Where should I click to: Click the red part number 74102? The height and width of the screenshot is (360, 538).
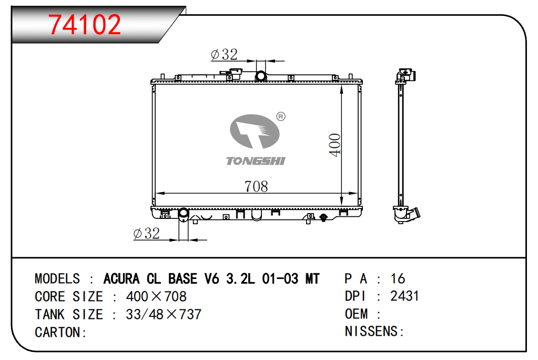(x=84, y=24)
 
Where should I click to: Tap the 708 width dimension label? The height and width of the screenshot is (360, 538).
(x=256, y=186)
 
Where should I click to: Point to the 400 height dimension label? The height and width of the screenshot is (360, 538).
(x=334, y=145)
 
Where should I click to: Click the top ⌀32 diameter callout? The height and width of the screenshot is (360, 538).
(x=225, y=54)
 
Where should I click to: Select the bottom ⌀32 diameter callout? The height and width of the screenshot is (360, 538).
(x=147, y=234)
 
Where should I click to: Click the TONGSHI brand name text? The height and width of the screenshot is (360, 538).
(x=256, y=161)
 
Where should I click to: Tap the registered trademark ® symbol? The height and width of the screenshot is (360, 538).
(x=281, y=116)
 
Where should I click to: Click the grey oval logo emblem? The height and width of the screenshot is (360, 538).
(x=255, y=131)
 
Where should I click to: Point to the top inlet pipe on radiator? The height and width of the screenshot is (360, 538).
(x=261, y=76)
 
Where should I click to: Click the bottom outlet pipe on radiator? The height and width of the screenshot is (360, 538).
(x=184, y=213)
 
